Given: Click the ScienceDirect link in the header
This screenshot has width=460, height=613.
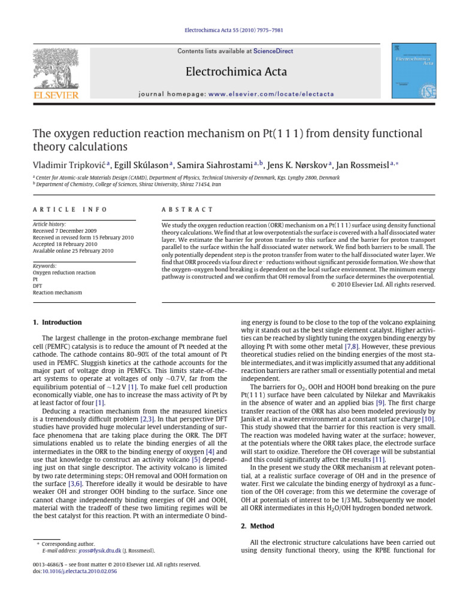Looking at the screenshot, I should (273, 51).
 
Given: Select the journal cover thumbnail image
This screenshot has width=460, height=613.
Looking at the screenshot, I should (413, 71).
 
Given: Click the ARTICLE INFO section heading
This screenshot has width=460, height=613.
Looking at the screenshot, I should (69, 210).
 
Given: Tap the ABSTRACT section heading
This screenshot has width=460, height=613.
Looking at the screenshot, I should (187, 210).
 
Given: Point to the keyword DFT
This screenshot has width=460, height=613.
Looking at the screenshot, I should (37, 286).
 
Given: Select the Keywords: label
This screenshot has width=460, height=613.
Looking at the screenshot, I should (46, 265).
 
